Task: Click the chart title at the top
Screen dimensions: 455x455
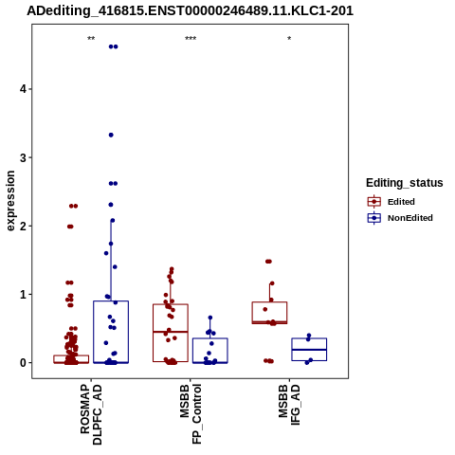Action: point(190,10)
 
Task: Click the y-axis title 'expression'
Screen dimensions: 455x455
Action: point(10,201)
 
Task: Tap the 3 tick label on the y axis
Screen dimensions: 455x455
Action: point(23,157)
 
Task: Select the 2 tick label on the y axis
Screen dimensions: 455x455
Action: point(23,226)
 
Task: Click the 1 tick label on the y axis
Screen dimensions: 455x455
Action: point(23,295)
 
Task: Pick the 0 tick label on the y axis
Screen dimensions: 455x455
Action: point(23,363)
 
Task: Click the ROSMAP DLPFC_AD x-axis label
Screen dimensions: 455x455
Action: point(91,414)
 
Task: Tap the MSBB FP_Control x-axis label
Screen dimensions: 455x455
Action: point(191,414)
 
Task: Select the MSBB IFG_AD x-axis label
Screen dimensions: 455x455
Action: point(289,405)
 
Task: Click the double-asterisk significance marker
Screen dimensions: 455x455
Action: point(91,39)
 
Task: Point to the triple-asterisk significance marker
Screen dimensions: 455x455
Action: point(191,39)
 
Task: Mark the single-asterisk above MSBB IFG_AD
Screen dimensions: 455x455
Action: point(289,39)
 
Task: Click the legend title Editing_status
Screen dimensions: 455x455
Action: point(405,183)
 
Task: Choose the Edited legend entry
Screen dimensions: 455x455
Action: point(391,202)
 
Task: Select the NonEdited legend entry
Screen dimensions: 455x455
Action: point(400,218)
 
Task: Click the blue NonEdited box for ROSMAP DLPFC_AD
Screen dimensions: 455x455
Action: point(111,301)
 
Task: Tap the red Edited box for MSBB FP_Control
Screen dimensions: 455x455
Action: point(171,304)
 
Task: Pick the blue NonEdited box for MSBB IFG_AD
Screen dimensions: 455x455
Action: point(309,338)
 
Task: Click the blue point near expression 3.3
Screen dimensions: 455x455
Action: point(111,136)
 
